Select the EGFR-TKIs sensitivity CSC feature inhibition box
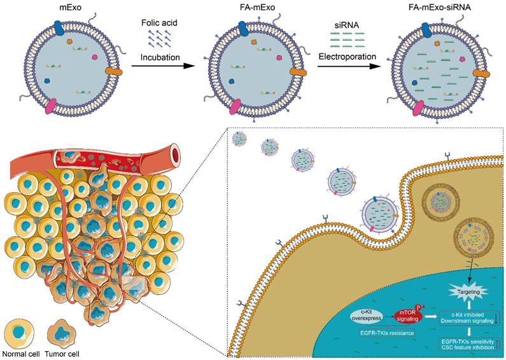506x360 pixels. point(468,345)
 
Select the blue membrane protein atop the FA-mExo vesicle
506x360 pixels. point(245,27)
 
